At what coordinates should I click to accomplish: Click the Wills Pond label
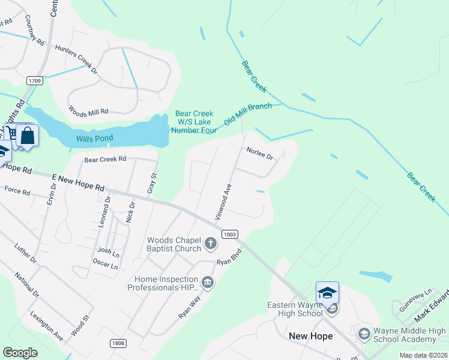point(95,139)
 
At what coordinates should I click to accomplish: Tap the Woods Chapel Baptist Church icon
point(210,244)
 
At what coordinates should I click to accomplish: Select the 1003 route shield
point(229,235)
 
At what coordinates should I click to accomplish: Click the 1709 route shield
point(34,80)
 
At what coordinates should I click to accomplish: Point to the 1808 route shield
point(118,343)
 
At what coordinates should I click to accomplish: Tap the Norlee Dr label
point(259,154)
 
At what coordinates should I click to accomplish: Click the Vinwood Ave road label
point(223,201)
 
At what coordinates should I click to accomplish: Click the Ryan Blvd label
point(228,257)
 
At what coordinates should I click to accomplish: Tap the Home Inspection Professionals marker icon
point(208,282)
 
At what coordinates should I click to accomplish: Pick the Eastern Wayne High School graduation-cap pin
point(327,293)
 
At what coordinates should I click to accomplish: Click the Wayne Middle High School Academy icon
point(363,333)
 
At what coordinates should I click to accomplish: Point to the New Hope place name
point(310,336)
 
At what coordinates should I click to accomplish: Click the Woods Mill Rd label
point(88,112)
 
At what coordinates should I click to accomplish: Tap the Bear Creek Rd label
point(105,160)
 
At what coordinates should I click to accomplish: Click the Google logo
point(20,353)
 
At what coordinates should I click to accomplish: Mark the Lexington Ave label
point(46,326)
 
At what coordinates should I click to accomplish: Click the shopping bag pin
point(27,135)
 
